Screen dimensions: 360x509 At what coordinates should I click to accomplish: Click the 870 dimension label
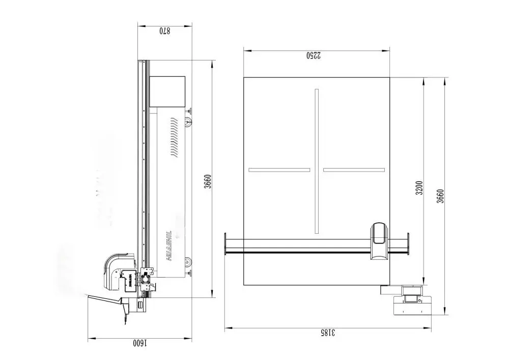(164, 31)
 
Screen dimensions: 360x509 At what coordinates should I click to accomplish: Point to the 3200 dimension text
(419, 188)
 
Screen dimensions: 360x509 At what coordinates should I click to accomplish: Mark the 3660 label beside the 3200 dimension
(440, 196)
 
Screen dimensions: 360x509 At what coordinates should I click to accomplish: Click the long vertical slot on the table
(317, 161)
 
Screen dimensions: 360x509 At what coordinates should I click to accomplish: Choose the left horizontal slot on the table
(279, 170)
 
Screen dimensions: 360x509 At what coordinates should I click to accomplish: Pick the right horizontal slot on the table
(353, 170)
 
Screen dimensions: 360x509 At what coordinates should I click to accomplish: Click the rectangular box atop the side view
(167, 92)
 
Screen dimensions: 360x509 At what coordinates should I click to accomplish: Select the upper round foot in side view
(188, 121)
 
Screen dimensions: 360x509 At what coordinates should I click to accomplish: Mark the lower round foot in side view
(188, 263)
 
